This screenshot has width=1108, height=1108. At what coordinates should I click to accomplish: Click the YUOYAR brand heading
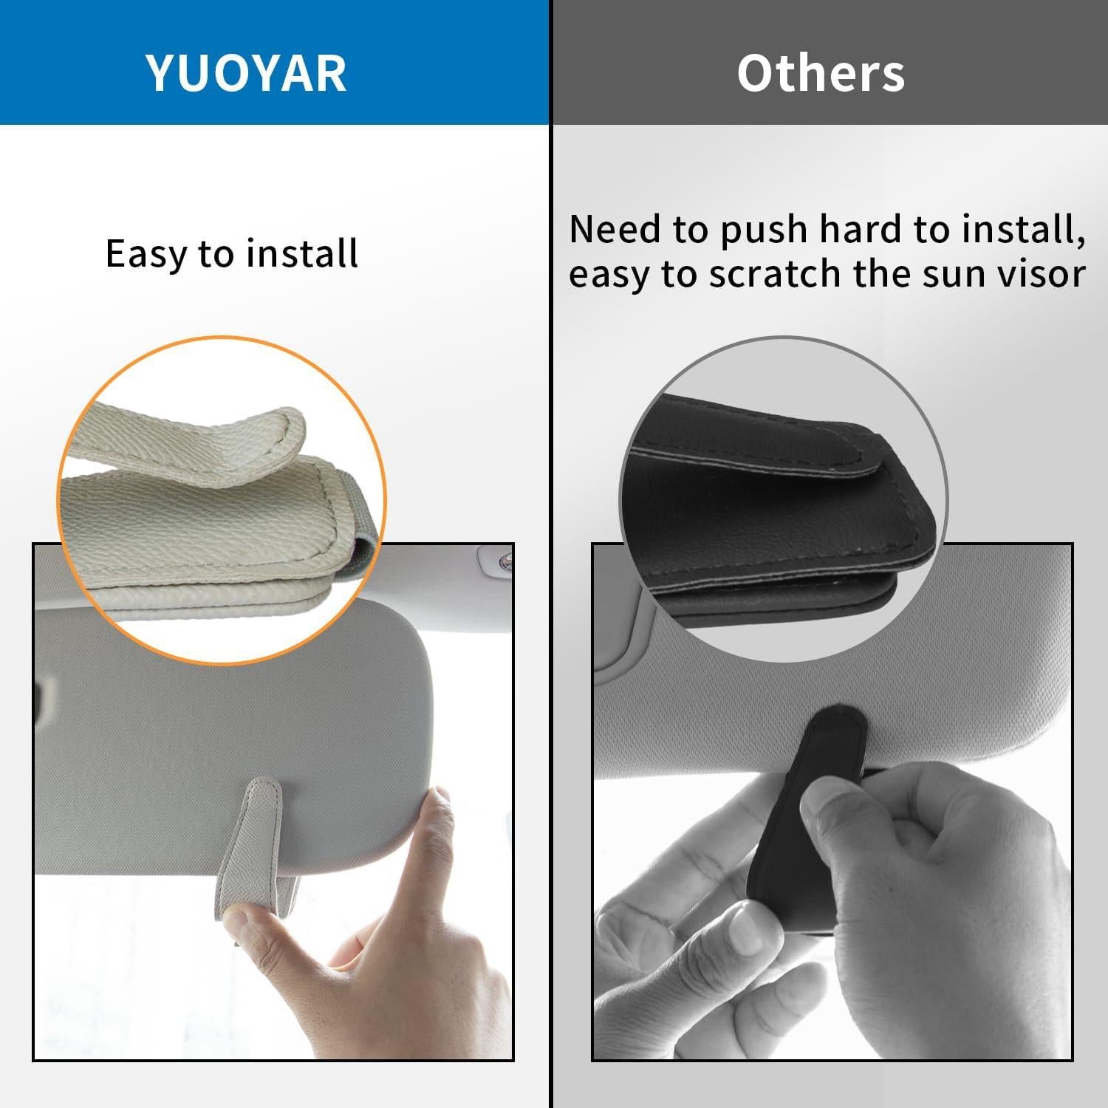tap(246, 72)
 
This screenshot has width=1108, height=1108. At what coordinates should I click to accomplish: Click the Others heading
tap(820, 72)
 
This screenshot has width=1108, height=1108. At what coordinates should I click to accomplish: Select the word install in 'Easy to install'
tap(303, 254)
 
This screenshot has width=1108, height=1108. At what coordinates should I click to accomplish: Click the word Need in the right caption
tap(615, 230)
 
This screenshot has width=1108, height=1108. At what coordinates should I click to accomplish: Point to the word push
tap(765, 230)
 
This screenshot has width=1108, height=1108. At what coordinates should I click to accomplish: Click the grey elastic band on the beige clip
tap(366, 547)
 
